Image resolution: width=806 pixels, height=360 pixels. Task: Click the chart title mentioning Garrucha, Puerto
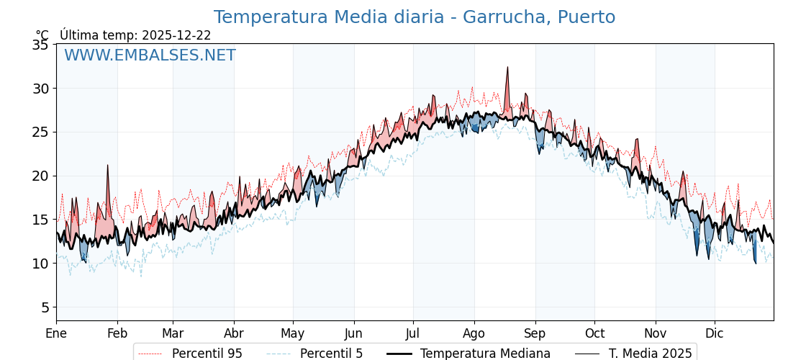414,17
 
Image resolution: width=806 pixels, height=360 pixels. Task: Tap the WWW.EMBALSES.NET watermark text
150,55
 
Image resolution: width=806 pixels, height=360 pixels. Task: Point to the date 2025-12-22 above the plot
176,35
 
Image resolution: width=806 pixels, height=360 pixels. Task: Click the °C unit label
42,35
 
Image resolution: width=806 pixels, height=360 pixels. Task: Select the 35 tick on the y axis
40,45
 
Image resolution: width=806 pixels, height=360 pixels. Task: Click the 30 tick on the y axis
40,89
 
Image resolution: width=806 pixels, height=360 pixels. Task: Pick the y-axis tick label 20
40,176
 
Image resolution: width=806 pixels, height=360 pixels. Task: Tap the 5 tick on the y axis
45,307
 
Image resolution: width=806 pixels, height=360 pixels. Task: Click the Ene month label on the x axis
56,333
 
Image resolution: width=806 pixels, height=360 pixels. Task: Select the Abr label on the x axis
234,333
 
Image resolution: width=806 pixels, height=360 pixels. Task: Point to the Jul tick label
413,333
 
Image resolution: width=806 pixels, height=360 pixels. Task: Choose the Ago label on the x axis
474,333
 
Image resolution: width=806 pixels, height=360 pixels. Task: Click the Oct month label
594,333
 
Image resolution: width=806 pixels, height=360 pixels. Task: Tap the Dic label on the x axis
715,333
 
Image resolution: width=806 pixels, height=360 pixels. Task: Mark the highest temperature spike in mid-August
507,68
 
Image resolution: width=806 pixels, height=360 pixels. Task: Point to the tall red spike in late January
108,166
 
